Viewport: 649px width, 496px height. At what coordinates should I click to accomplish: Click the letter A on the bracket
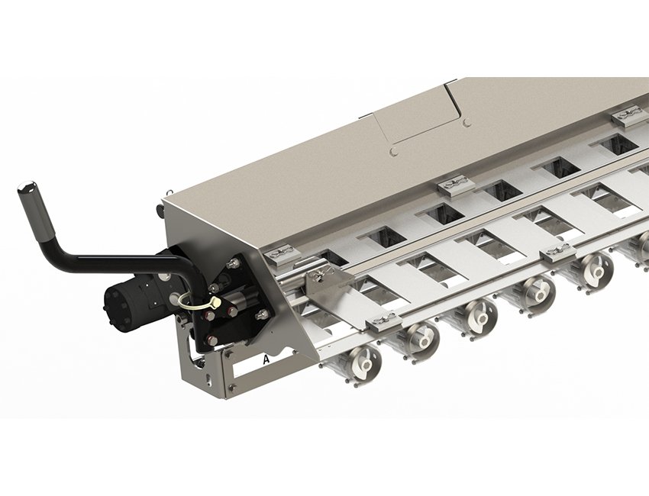pyautogui.click(x=266, y=359)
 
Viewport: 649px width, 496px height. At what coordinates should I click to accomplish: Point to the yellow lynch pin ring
pyautogui.click(x=196, y=301)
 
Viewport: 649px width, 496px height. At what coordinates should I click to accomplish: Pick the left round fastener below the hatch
pyautogui.click(x=395, y=152)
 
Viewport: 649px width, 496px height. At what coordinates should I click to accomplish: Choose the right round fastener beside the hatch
pyautogui.click(x=467, y=123)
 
